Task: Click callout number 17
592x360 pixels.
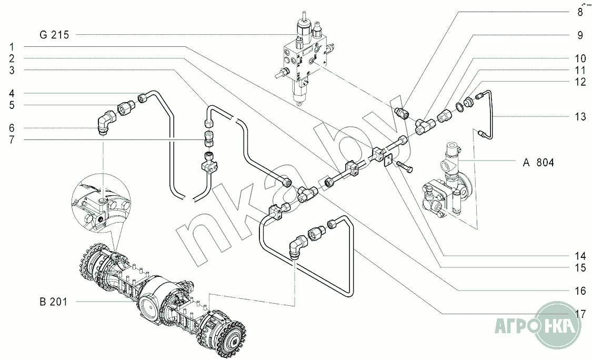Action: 580,315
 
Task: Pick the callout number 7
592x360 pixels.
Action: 12,140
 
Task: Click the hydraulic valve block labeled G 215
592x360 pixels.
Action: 302,58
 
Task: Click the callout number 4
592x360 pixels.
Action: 12,94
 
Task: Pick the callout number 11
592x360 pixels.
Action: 580,69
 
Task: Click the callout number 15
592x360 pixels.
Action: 580,268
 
